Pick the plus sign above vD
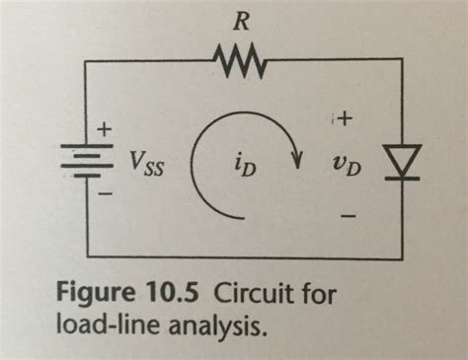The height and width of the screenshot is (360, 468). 345,120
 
